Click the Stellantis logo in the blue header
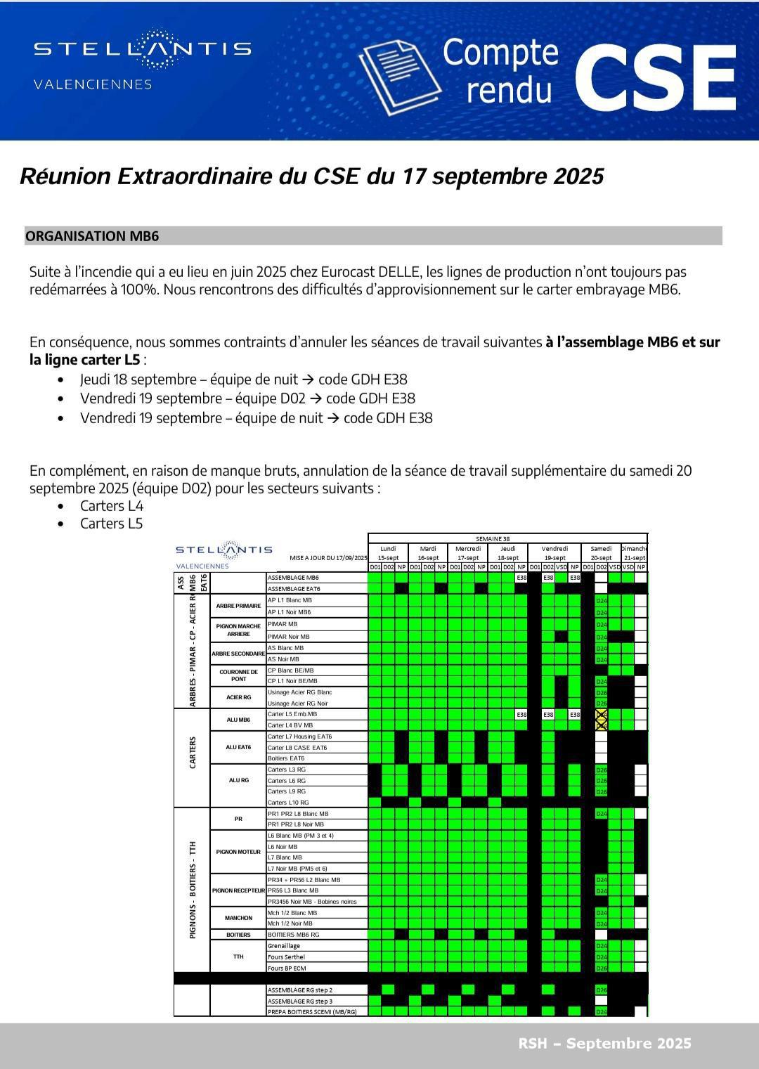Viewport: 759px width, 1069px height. point(143,48)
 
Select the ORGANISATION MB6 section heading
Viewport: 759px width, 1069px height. point(92,236)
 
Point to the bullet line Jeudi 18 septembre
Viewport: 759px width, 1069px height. point(243,380)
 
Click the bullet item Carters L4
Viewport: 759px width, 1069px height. point(111,506)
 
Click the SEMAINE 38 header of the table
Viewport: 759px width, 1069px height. point(507,538)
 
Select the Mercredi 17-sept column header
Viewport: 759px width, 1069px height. point(467,553)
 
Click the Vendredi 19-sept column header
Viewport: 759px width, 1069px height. point(554,553)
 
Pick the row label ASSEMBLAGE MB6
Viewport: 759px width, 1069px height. point(294,578)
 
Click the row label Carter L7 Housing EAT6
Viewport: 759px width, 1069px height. point(299,737)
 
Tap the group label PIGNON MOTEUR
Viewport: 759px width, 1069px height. point(238,852)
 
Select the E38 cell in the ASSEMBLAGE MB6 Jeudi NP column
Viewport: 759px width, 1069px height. point(521,578)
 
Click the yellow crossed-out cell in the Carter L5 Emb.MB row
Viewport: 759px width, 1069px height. point(601,715)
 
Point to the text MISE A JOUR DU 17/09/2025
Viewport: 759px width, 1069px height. point(328,558)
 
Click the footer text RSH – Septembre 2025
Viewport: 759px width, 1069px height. point(604,1044)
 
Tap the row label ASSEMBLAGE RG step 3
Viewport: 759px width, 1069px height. point(300,1001)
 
